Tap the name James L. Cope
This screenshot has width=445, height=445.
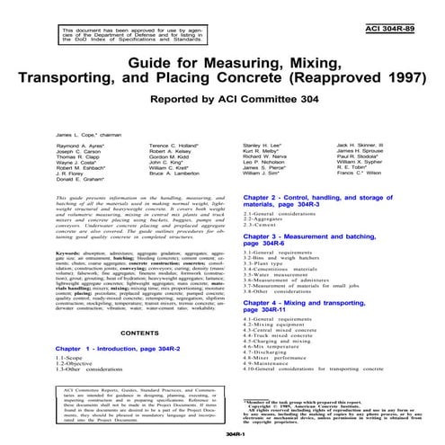[x=49, y=130]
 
